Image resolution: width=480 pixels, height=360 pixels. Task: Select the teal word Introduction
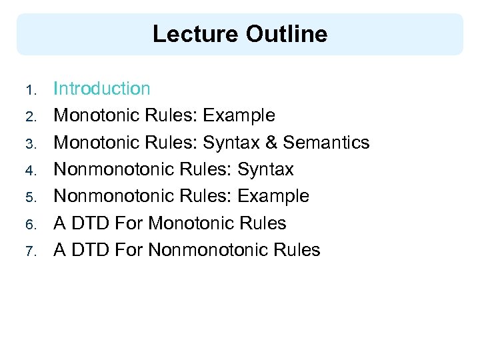pos(102,88)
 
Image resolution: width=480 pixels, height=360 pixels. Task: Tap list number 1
pos(29,89)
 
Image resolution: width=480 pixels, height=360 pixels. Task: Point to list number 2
pos(29,117)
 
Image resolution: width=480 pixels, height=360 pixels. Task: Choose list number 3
pos(29,143)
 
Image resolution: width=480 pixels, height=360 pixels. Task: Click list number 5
pos(29,197)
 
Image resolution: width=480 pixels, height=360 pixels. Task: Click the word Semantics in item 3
pos(336,143)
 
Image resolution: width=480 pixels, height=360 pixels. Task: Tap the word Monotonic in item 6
pos(190,223)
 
